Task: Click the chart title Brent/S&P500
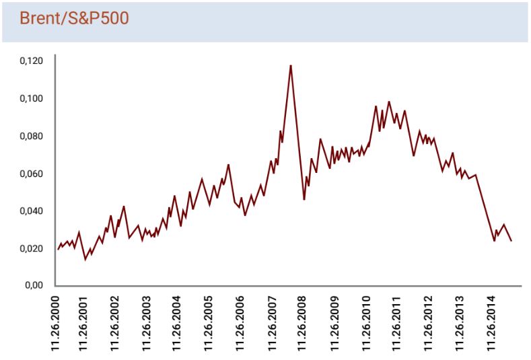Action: (74, 18)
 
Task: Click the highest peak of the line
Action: (290, 65)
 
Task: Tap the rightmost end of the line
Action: (511, 240)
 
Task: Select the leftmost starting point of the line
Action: (58, 248)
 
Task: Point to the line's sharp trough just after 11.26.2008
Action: (304, 199)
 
